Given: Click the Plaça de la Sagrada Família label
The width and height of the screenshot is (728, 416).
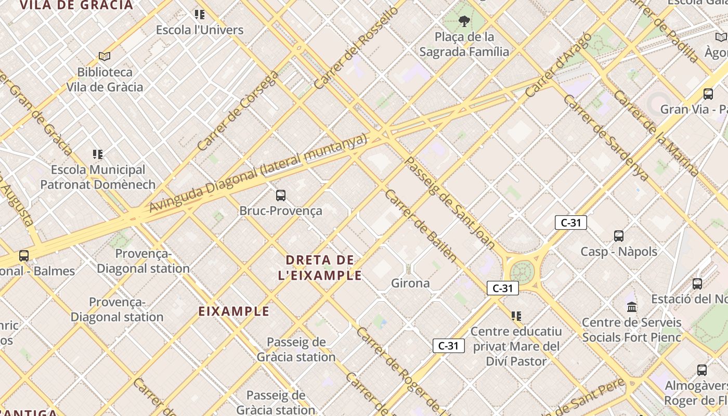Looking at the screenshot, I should point(464,44).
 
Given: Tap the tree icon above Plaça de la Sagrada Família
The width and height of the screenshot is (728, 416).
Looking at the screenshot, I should point(464,21).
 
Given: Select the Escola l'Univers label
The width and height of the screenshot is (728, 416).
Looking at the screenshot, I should point(200,30).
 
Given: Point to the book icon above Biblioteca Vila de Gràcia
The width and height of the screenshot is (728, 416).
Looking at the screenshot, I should point(105,56).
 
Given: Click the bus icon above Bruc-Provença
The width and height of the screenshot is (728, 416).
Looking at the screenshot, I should point(281,196).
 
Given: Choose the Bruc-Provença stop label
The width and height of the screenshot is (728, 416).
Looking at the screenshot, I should point(281,211).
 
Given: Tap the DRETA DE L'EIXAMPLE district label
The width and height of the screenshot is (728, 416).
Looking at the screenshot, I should point(320,268).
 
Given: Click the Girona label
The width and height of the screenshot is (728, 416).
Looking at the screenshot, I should point(410,283).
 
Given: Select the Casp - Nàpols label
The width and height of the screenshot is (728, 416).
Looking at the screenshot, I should point(619,252).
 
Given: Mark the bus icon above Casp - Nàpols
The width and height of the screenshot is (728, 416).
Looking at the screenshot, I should point(619,236).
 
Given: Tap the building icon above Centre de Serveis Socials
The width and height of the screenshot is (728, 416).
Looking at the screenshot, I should point(632,306).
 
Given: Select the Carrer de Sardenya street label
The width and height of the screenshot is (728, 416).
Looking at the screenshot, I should point(606,138).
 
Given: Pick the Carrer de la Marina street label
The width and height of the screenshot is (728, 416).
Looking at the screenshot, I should point(656,134).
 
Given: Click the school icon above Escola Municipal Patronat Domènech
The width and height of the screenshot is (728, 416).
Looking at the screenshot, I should point(98,154).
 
